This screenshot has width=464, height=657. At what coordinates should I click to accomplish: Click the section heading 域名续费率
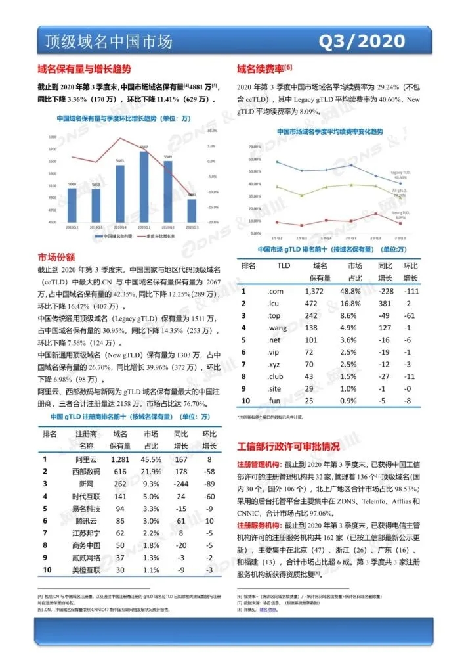click(x=261, y=68)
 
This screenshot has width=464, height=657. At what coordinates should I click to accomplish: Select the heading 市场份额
click(x=56, y=257)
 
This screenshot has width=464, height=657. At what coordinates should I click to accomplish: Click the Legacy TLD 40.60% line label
click(x=399, y=175)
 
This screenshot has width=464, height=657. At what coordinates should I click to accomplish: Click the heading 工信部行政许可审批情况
click(x=288, y=446)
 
